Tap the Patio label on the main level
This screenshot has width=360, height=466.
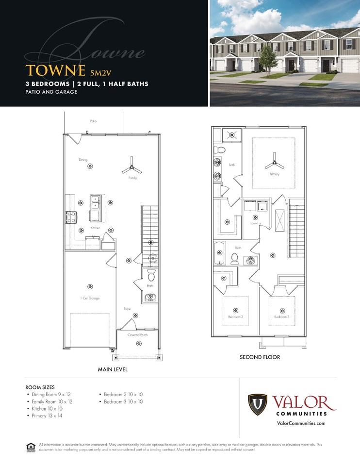93,121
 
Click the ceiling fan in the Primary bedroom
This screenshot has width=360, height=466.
274,162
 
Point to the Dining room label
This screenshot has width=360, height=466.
83,160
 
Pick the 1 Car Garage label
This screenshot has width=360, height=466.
90,298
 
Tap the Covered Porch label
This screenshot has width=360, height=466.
137,335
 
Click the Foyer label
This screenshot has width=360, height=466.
128,309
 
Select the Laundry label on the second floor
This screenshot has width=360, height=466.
256,223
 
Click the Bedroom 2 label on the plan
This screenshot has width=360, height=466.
235,317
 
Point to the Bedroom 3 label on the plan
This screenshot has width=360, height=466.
281,317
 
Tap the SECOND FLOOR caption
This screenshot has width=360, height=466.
260,357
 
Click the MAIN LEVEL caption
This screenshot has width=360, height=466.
113,369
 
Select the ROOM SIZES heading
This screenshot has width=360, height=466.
40,387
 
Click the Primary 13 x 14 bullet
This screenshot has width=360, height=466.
47,416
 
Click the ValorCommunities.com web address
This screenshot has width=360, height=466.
300,423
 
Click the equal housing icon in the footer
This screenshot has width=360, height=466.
31,447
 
